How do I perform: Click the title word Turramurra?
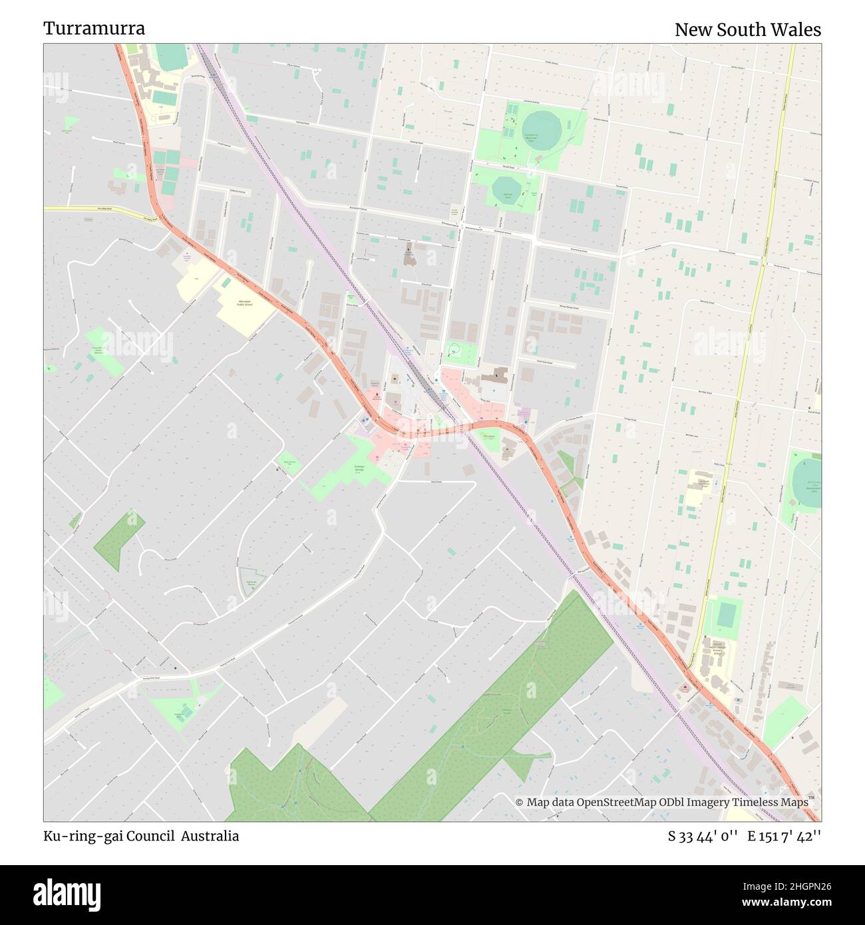(94, 29)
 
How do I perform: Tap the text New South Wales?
(747, 30)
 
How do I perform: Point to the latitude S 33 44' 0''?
(703, 836)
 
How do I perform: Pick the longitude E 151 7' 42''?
(784, 836)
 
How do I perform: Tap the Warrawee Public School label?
(245, 303)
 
